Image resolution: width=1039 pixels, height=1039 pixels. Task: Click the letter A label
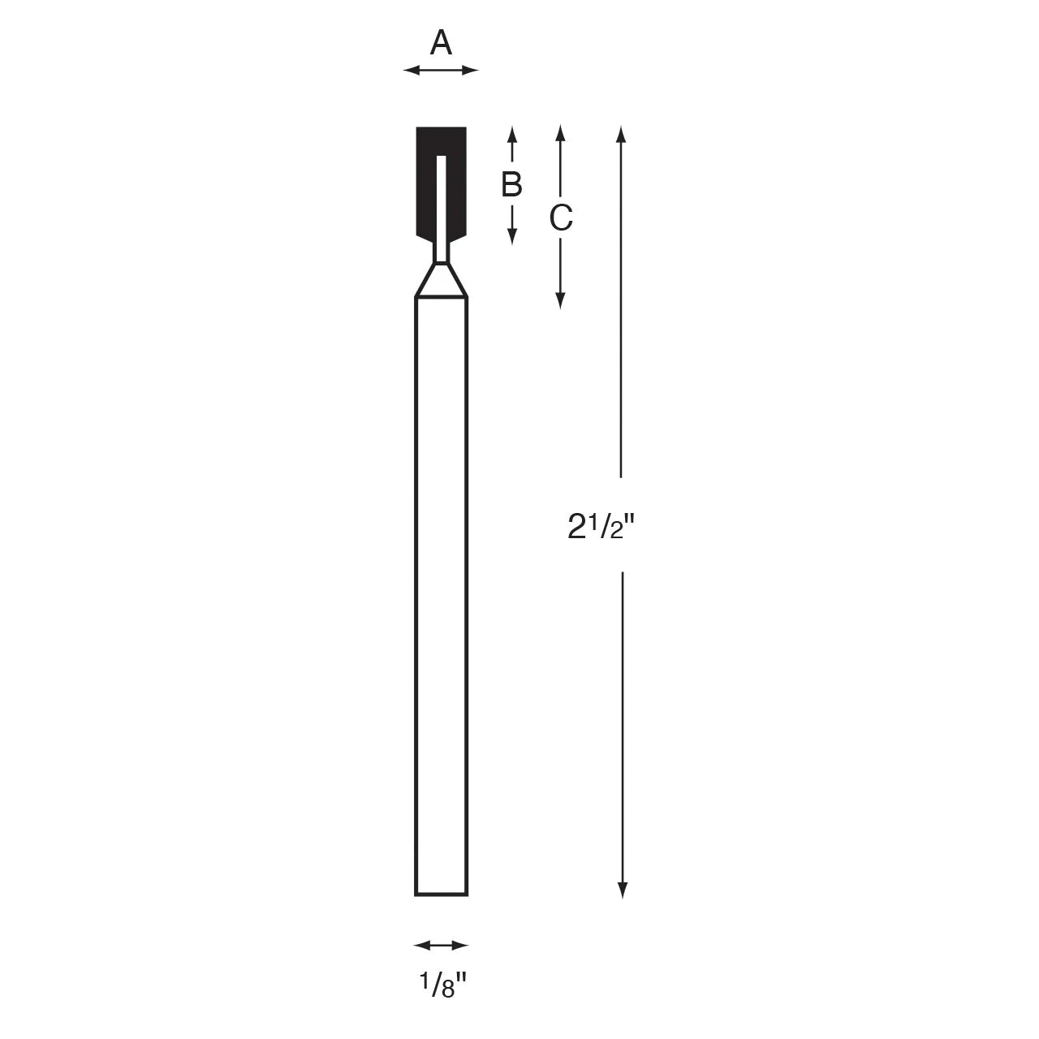441,43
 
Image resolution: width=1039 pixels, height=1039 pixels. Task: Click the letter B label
511,185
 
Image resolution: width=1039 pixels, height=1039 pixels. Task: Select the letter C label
561,218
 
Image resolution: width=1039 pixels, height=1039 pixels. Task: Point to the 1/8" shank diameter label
442,985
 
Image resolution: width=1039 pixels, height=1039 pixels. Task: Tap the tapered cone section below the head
442,284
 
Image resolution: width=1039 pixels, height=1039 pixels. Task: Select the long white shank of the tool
442,593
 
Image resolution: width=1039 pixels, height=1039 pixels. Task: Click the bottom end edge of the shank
442,895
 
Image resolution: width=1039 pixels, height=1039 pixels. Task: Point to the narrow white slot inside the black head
442,203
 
